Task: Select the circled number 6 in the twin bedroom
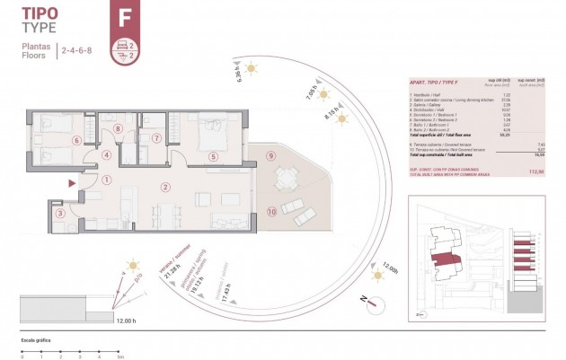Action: coord(77,140)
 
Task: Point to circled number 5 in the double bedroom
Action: coord(213,156)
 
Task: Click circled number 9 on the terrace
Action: coord(270,155)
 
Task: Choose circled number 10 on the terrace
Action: coord(270,212)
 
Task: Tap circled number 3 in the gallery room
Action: coord(60,214)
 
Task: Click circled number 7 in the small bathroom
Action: coord(156,139)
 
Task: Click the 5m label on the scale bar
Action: coord(120,356)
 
